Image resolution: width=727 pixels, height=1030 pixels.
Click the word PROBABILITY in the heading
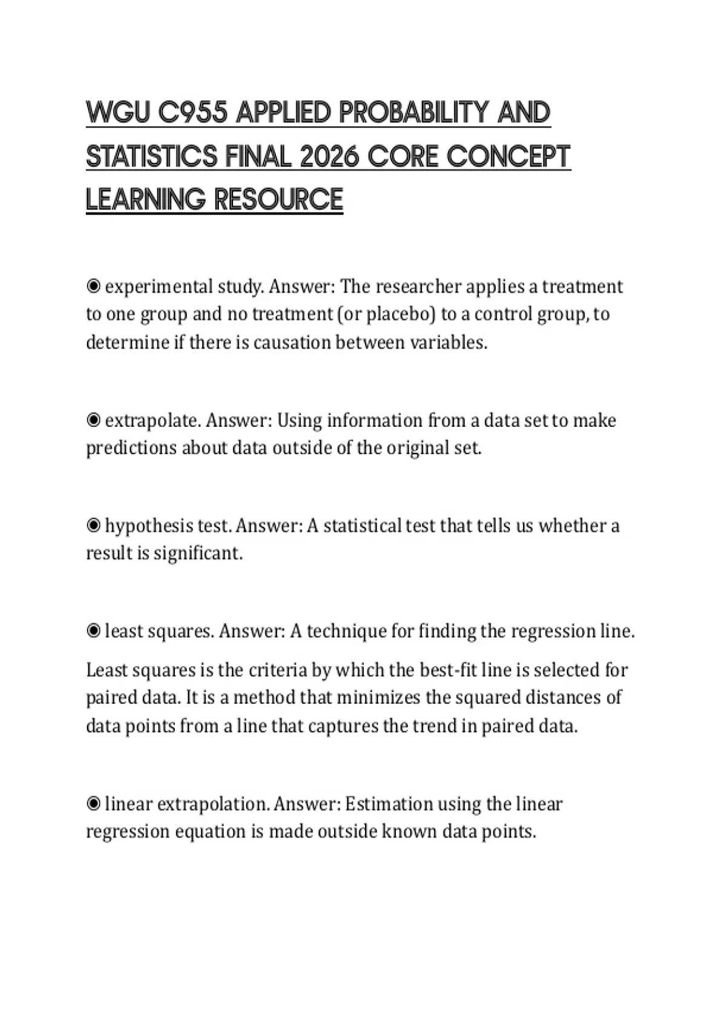pos(413,113)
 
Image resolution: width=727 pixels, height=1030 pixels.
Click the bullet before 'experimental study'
pos(93,286)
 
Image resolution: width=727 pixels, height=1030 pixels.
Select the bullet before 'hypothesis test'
pos(93,525)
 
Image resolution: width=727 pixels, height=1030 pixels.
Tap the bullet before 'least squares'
pos(93,631)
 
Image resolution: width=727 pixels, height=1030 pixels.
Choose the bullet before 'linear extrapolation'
pos(93,804)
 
